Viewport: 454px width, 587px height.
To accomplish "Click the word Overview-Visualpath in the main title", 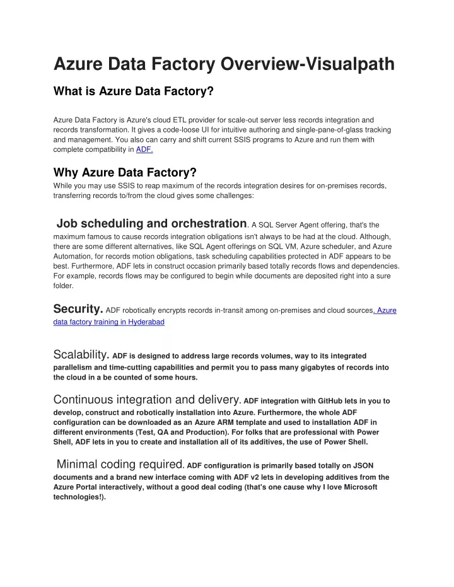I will [x=307, y=64].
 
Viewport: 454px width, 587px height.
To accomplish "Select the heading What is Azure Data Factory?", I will [x=134, y=91].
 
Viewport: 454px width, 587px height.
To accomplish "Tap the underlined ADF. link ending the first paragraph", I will [x=144, y=150].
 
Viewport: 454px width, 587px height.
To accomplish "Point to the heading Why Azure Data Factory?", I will [x=125, y=172].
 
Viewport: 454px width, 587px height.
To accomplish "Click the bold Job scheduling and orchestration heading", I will [x=151, y=223].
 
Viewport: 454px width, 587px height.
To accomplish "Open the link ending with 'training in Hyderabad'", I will [x=109, y=322].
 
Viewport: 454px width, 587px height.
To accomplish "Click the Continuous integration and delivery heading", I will [x=146, y=399].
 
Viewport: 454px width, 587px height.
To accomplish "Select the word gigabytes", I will [x=293, y=368].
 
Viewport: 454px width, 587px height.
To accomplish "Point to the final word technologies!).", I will [x=80, y=497].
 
